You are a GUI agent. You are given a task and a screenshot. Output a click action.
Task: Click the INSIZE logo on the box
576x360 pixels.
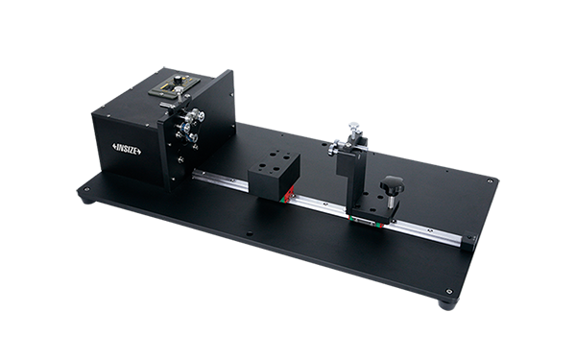click(x=127, y=149)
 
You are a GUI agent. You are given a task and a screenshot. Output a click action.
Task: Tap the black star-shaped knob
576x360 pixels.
click(x=392, y=185)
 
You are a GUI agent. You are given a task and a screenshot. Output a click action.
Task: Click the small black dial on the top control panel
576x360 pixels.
click(x=178, y=80)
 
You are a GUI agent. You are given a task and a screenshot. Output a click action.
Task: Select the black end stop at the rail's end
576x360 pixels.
click(x=469, y=241)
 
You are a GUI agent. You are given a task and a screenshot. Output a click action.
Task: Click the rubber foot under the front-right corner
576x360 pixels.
click(x=447, y=304)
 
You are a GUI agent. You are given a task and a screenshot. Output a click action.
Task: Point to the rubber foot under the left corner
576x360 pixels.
click(x=87, y=201)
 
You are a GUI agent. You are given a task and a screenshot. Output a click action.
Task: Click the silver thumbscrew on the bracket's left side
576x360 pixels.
click(x=333, y=148)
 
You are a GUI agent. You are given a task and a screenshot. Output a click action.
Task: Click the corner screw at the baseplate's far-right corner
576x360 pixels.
click(x=490, y=180)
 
